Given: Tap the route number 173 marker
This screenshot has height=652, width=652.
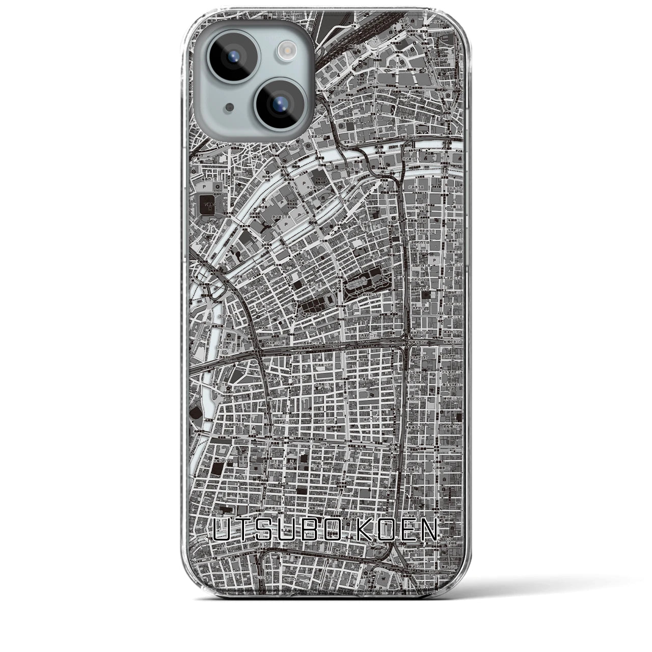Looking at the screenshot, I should tap(324, 445).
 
